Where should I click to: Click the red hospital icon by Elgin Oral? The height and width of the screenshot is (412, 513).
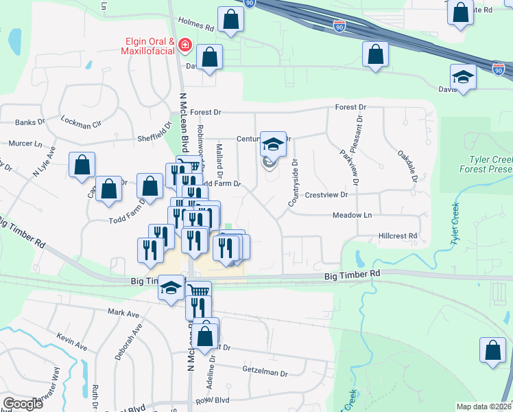(184, 46)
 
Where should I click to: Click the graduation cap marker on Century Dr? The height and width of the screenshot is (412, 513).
(273, 144)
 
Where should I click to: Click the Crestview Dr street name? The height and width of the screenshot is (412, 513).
(327, 195)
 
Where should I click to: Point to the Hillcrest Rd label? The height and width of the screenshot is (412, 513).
(398, 236)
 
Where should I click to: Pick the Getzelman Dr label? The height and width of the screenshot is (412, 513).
(265, 372)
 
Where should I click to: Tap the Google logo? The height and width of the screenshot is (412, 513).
(23, 404)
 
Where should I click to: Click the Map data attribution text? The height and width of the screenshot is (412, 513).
(484, 407)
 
